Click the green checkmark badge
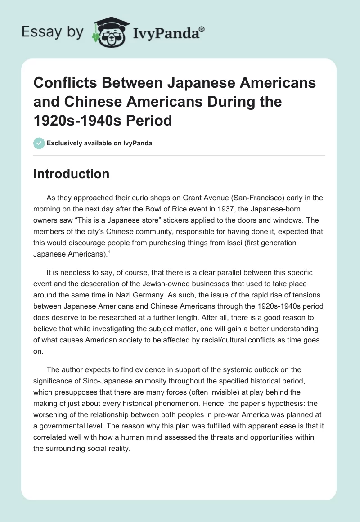point(39,143)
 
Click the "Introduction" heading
point(71,174)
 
